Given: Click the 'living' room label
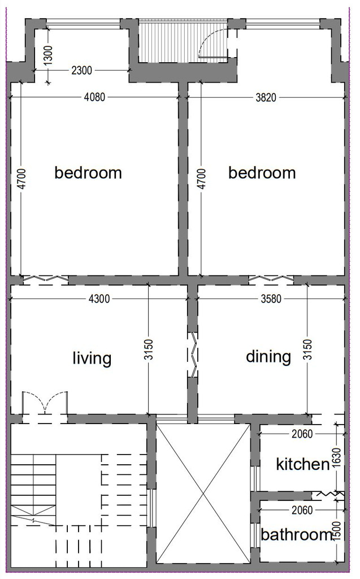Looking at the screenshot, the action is point(92,358).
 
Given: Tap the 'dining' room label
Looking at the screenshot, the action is point(268,357).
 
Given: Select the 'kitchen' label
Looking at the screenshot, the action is point(303,464).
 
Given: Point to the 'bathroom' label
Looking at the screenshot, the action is point(297,534).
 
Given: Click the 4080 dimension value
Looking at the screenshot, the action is point(95,97).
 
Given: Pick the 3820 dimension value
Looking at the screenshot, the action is point(266,97).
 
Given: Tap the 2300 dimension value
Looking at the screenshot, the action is point(81,70).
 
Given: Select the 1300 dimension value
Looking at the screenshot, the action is point(49,55).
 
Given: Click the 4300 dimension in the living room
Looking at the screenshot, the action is point(99,299).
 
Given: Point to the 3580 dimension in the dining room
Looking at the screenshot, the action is point(271,299).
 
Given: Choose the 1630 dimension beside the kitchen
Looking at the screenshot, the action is point(336,457).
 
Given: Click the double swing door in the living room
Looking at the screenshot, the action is point(45,403).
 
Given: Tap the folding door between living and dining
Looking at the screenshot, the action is point(193,355).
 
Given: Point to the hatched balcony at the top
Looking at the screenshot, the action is point(183,41).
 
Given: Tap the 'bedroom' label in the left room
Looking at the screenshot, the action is point(88,173).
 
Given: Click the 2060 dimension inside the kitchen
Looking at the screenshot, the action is point(302,434).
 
